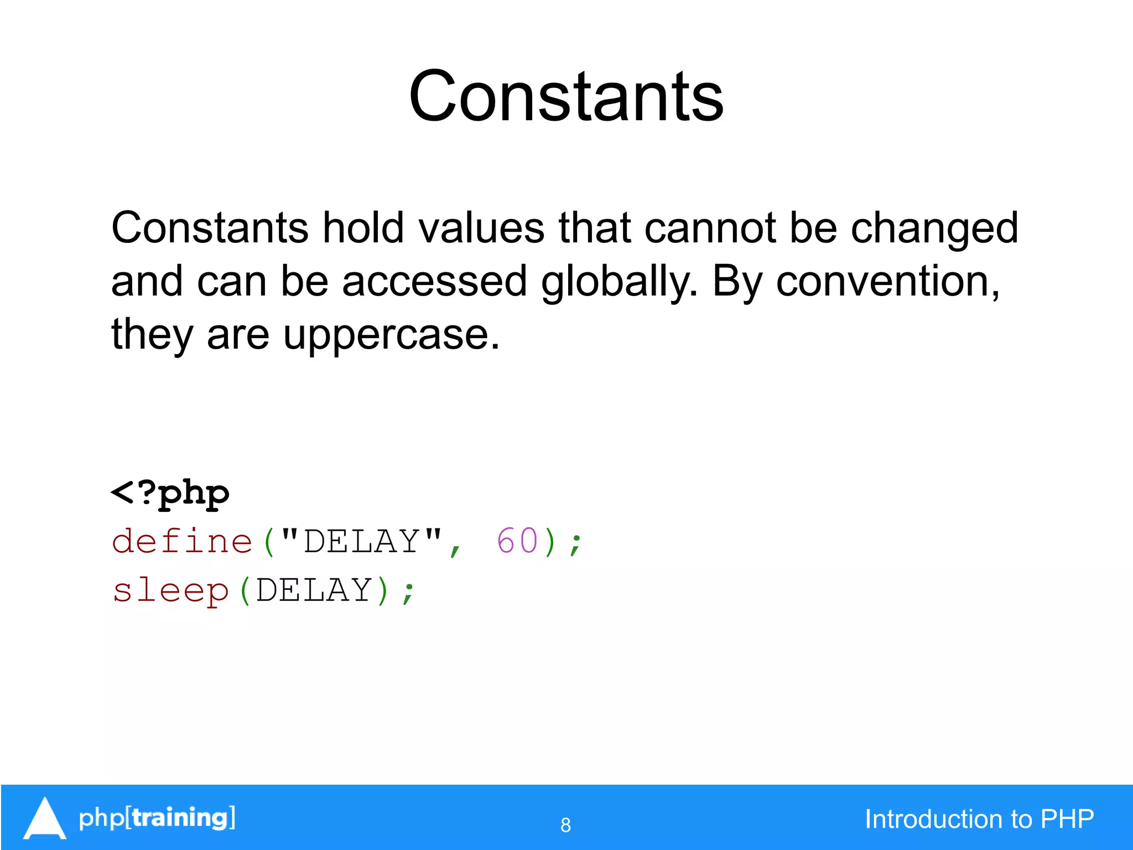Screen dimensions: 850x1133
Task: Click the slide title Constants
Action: tap(566, 97)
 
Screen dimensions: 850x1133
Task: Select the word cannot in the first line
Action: tap(709, 228)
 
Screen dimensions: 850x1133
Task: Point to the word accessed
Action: tap(434, 281)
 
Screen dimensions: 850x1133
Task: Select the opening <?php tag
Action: tap(170, 493)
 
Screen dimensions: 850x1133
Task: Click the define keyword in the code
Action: tap(182, 541)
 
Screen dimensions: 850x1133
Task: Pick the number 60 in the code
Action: tap(517, 541)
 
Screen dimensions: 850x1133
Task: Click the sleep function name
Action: tap(170, 590)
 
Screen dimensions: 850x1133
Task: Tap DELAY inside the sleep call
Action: tap(314, 590)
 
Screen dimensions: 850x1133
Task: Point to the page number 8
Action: tap(565, 825)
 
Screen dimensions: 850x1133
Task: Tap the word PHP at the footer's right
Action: tap(1067, 819)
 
